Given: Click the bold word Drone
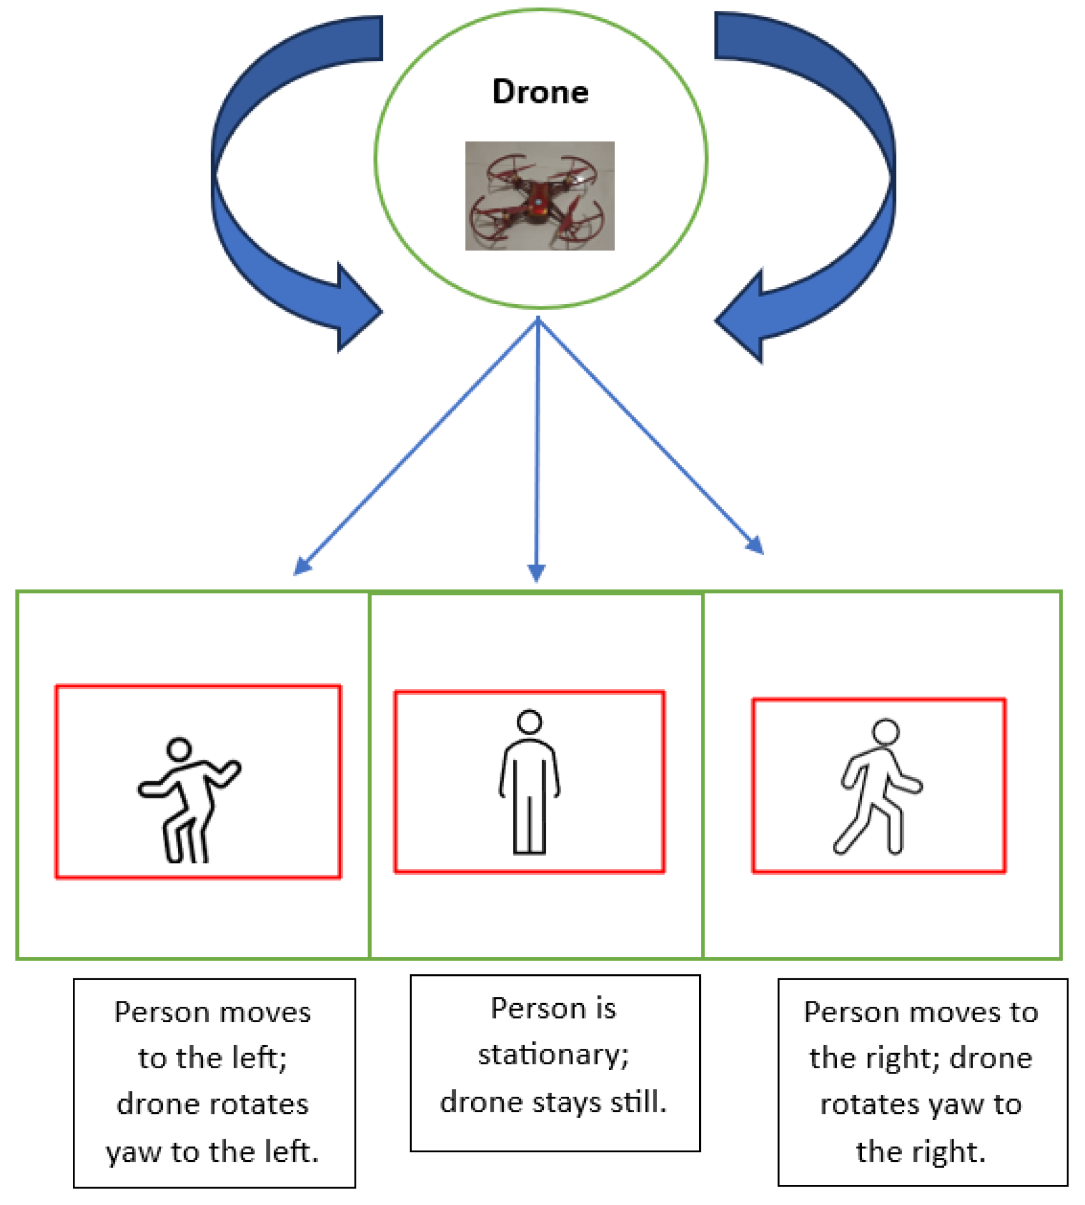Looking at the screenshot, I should point(540,92).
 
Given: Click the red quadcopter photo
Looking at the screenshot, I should point(539,195).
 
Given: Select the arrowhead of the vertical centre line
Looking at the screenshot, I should point(536,572).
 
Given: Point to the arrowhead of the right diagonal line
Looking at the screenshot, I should point(755,545).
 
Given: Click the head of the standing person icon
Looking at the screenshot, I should point(529,721).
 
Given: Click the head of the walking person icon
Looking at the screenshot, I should point(886,731).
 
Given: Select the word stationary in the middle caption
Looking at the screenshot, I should point(553,1054).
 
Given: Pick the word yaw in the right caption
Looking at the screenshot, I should point(954,1104).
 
